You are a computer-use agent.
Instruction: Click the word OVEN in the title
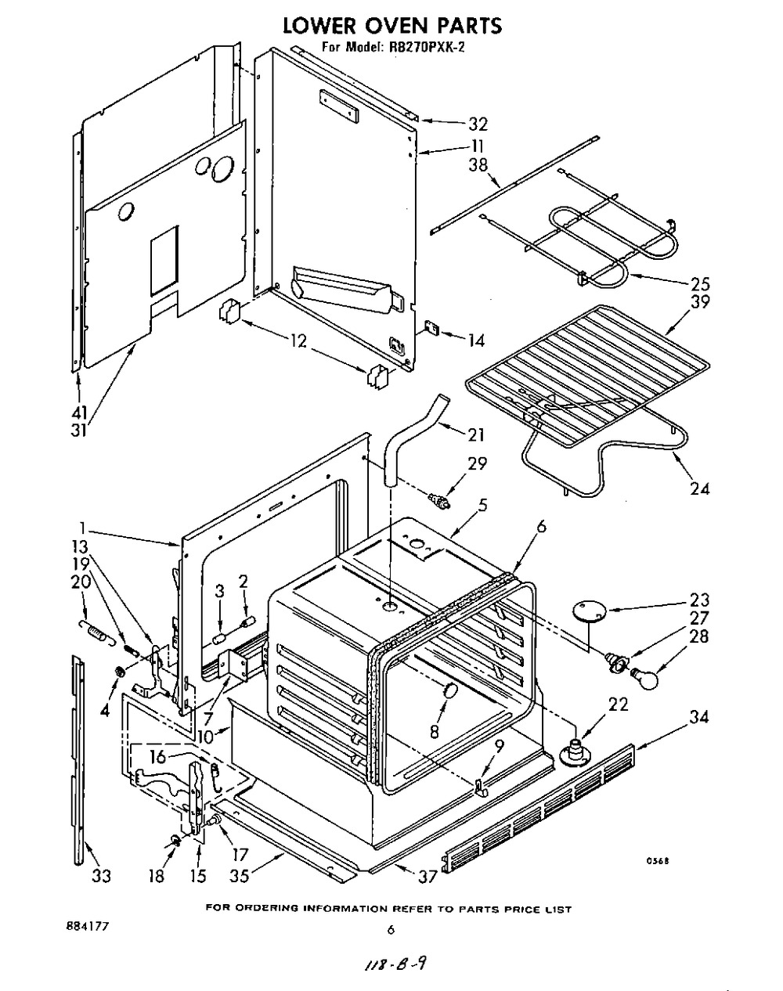point(393,26)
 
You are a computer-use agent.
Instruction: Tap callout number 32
point(478,124)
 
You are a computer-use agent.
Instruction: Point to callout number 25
point(700,284)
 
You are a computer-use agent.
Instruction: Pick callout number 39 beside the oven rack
point(700,302)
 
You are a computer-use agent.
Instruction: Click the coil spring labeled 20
point(98,632)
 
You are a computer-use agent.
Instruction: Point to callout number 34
point(699,717)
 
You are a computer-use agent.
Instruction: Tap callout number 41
point(79,413)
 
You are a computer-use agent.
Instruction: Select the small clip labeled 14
point(432,329)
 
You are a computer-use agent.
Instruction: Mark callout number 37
point(427,877)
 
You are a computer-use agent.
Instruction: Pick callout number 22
point(618,705)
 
